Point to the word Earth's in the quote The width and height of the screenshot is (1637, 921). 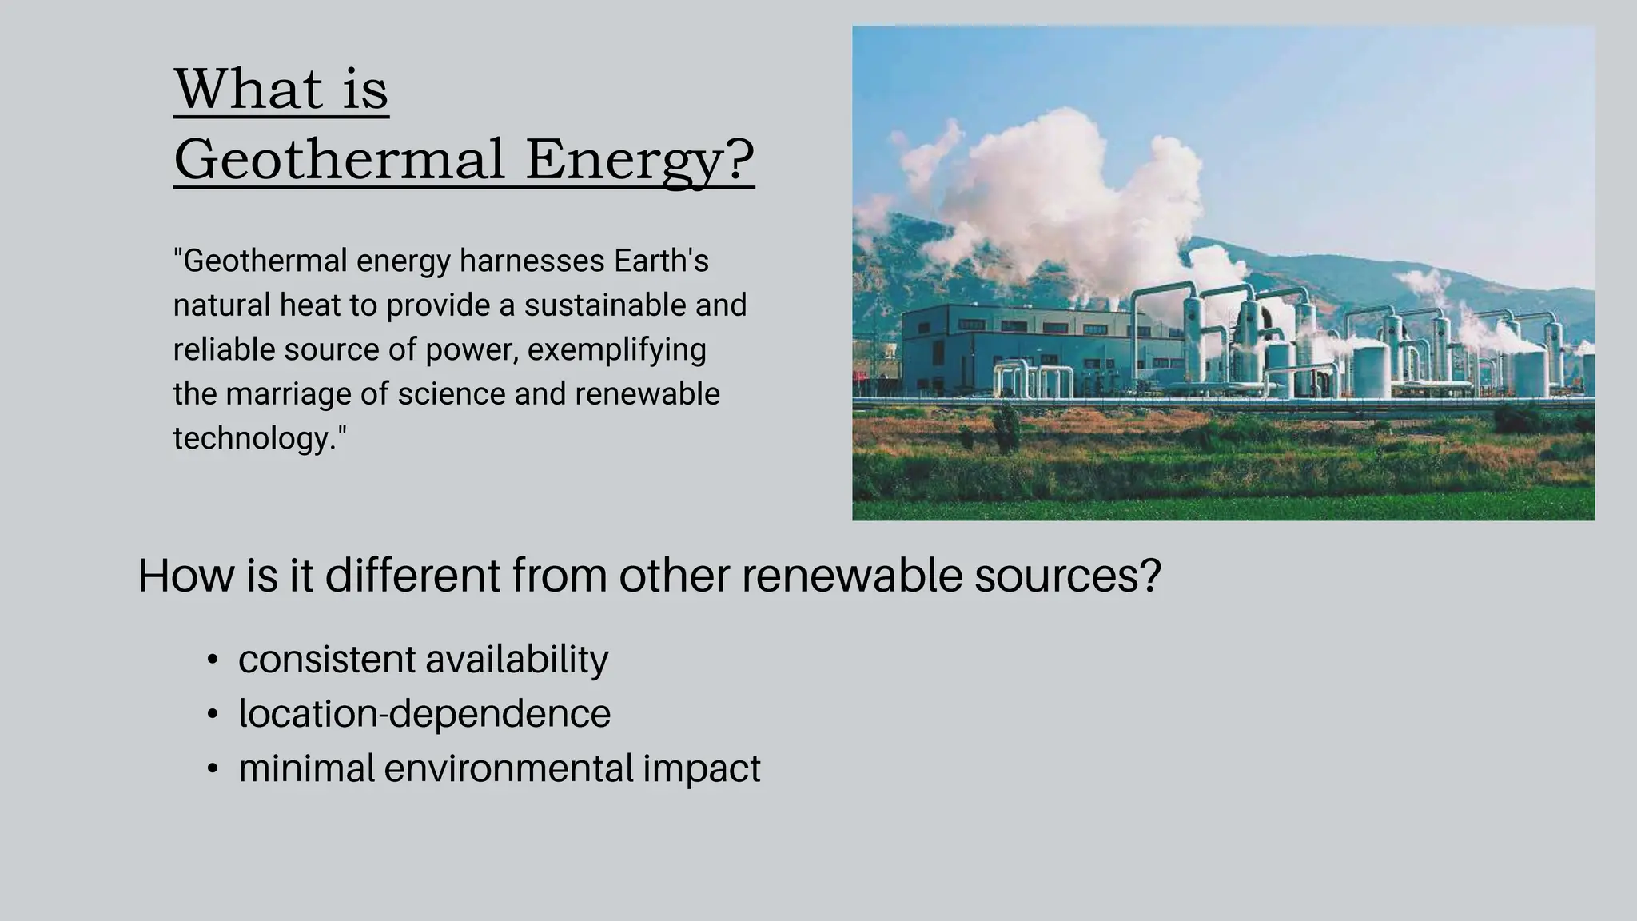(x=661, y=261)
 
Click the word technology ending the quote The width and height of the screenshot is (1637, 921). (x=257, y=438)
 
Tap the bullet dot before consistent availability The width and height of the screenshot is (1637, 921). (x=212, y=660)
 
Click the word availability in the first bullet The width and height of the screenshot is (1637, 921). (x=516, y=660)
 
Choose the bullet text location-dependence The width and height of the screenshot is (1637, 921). (x=424, y=713)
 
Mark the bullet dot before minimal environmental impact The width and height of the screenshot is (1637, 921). (x=212, y=769)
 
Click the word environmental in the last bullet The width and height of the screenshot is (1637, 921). (x=508, y=768)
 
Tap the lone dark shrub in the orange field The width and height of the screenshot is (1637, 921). (x=1006, y=428)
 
